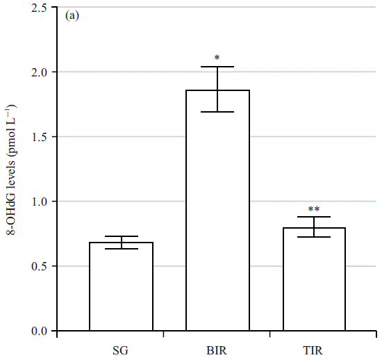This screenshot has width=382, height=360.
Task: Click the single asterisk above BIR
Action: [217, 58]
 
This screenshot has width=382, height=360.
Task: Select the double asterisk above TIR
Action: [314, 209]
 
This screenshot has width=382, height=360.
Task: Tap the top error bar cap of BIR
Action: [217, 67]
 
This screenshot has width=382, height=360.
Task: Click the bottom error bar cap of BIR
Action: [217, 112]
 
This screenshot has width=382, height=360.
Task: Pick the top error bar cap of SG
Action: [122, 236]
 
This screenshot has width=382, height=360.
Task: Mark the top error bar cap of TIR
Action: [314, 217]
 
